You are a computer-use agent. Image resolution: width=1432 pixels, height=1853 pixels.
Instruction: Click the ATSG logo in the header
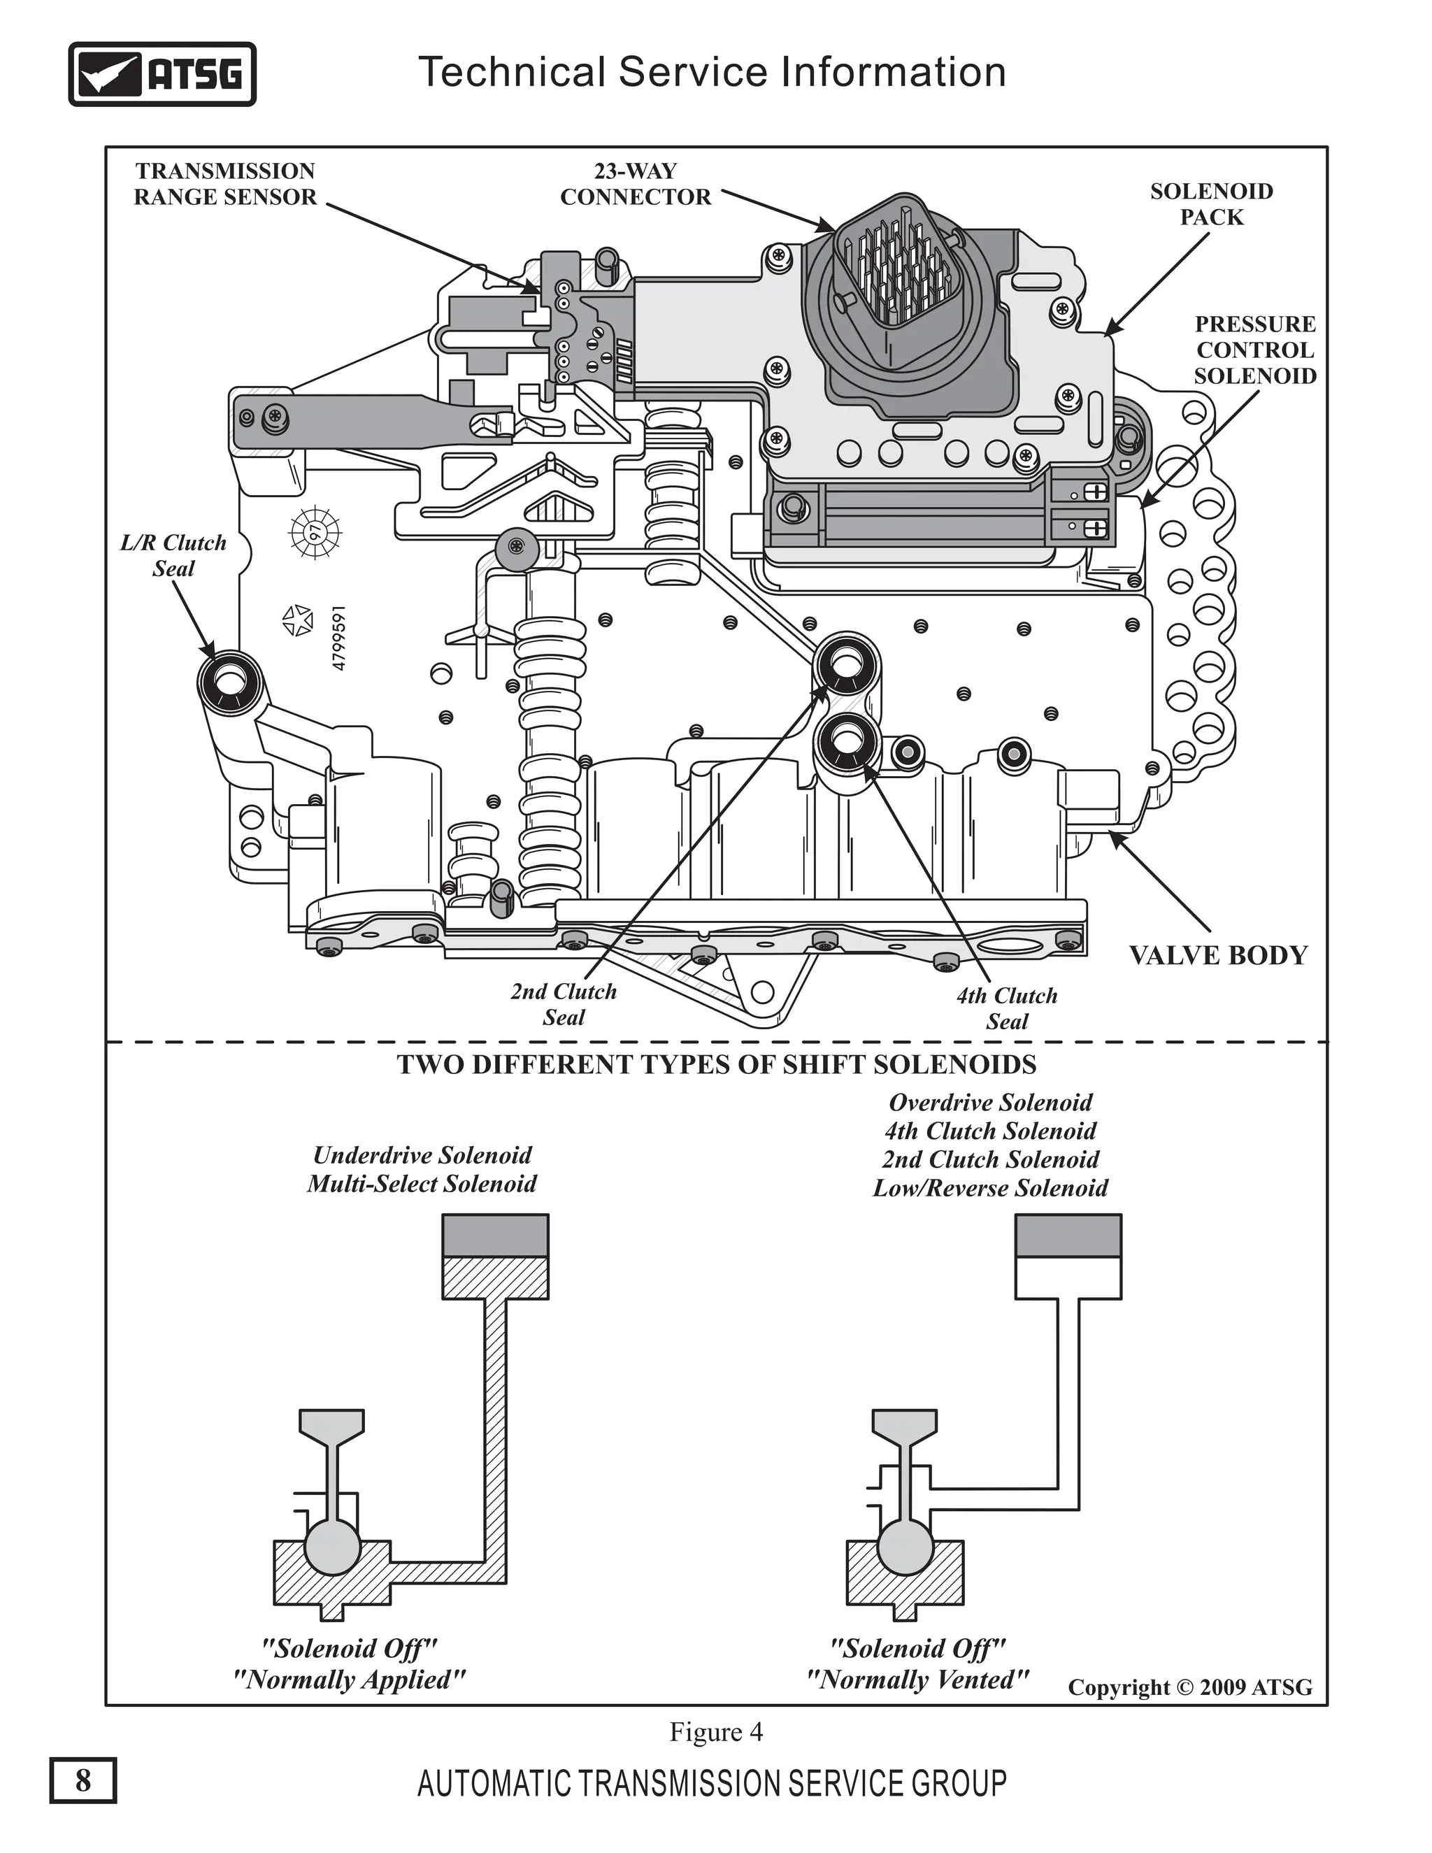(162, 74)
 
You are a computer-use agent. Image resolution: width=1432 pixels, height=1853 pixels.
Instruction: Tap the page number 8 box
(83, 1779)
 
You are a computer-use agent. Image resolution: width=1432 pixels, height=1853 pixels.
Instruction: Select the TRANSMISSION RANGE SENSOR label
(225, 184)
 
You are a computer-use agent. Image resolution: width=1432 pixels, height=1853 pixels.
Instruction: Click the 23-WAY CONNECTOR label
(636, 184)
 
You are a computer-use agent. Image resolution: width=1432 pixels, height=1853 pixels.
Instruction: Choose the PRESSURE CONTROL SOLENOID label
(1254, 350)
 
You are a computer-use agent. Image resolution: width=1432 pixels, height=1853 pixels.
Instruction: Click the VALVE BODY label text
(1217, 955)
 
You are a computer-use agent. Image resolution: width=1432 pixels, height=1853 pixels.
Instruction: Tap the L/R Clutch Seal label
(174, 556)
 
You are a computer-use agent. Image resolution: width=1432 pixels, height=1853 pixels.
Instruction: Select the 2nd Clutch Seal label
(564, 1003)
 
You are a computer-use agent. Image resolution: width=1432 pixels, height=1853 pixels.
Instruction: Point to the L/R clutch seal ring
(227, 681)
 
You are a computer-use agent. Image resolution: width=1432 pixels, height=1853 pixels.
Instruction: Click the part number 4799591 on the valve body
(338, 638)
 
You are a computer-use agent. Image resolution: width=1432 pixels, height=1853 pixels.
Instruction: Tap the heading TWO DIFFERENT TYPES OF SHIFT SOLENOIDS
(716, 1065)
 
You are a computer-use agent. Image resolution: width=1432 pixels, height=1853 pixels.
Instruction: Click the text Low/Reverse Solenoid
(990, 1188)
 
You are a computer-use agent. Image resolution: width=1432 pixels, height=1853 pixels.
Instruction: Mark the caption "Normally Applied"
(349, 1679)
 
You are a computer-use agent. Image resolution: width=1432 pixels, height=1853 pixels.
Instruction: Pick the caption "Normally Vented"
(917, 1679)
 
